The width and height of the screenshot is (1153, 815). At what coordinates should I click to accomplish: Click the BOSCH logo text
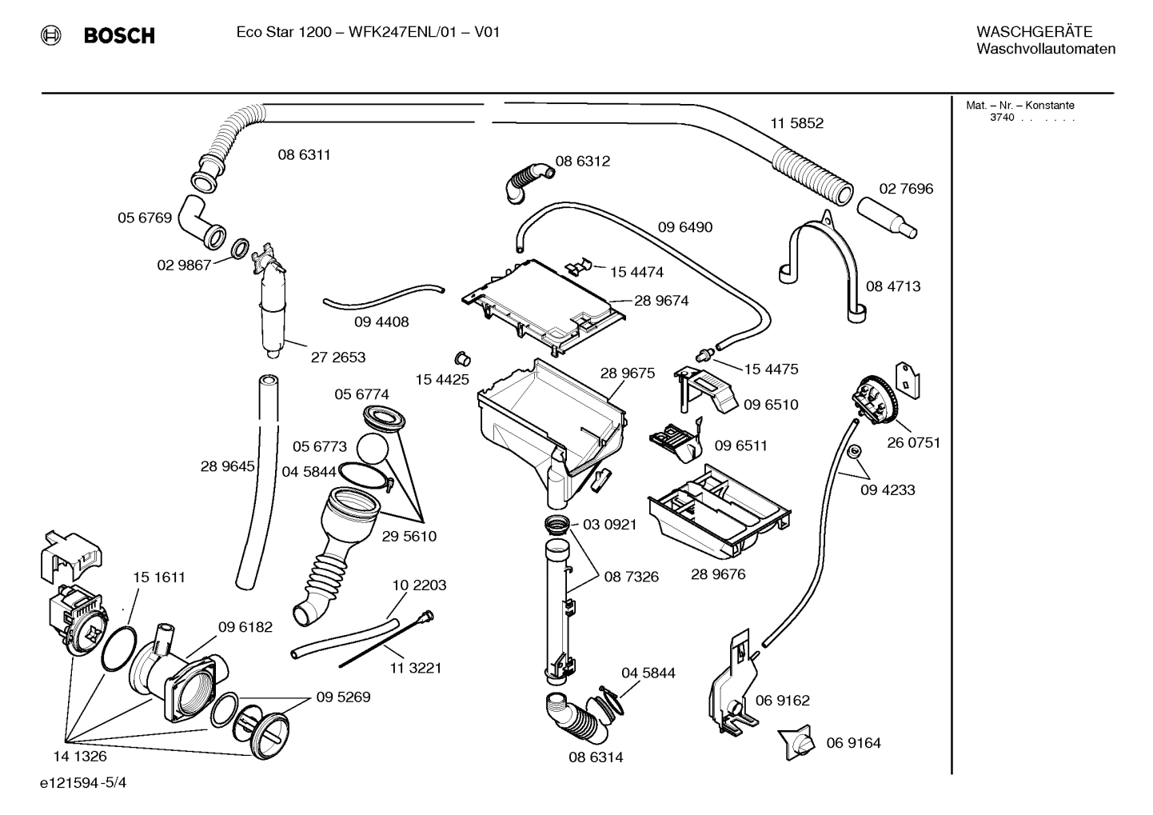118,35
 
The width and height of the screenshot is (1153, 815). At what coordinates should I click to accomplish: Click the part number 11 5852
796,123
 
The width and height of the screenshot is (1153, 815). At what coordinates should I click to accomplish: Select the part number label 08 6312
583,161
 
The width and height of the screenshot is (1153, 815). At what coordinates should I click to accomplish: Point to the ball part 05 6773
372,449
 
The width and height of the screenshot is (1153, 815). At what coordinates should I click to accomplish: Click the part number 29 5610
409,536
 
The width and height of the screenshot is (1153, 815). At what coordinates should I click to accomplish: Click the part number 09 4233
888,489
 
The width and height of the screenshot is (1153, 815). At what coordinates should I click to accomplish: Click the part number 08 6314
596,757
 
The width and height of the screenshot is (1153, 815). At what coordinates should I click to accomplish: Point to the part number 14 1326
79,756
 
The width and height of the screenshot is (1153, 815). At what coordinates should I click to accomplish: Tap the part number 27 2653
338,358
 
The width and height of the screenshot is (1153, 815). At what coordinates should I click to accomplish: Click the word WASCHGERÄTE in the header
1034,31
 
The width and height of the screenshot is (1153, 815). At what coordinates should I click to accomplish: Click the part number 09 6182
245,627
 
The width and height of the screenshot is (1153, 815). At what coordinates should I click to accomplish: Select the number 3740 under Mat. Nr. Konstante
1002,118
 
